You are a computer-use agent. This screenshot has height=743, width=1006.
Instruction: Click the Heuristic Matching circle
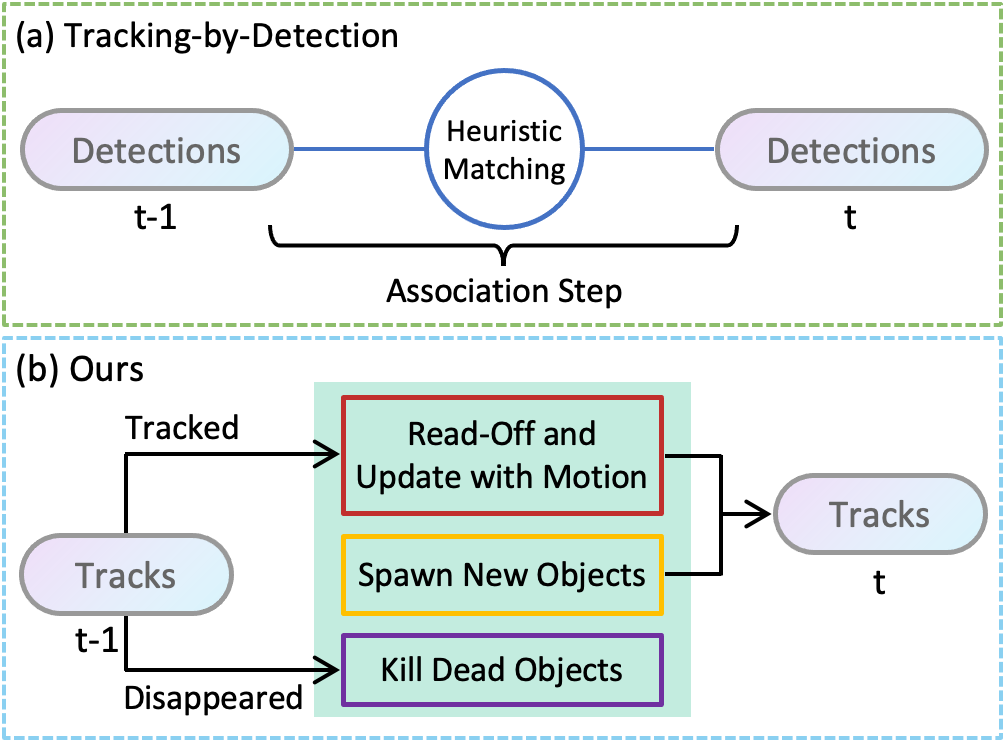(504, 151)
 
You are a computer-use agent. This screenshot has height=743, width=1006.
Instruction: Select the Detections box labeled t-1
(157, 151)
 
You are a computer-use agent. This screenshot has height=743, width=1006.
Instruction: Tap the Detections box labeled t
(850, 151)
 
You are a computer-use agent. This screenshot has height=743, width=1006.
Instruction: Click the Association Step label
(504, 291)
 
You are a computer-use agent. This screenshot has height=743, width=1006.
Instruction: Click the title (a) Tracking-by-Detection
(207, 37)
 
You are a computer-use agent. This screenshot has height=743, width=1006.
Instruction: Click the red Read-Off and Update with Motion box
(502, 455)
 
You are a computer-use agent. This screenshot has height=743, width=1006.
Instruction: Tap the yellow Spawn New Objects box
(502, 575)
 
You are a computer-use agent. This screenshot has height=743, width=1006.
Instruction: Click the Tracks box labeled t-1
(126, 576)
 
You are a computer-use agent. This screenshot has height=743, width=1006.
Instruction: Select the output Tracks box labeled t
(879, 515)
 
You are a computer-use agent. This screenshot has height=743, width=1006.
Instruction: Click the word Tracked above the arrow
(182, 427)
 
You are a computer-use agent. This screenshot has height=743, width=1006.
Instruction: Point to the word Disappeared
(213, 697)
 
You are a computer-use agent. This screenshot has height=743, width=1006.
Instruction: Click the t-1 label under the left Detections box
(154, 218)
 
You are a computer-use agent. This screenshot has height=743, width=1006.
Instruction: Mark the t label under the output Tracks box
(879, 582)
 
